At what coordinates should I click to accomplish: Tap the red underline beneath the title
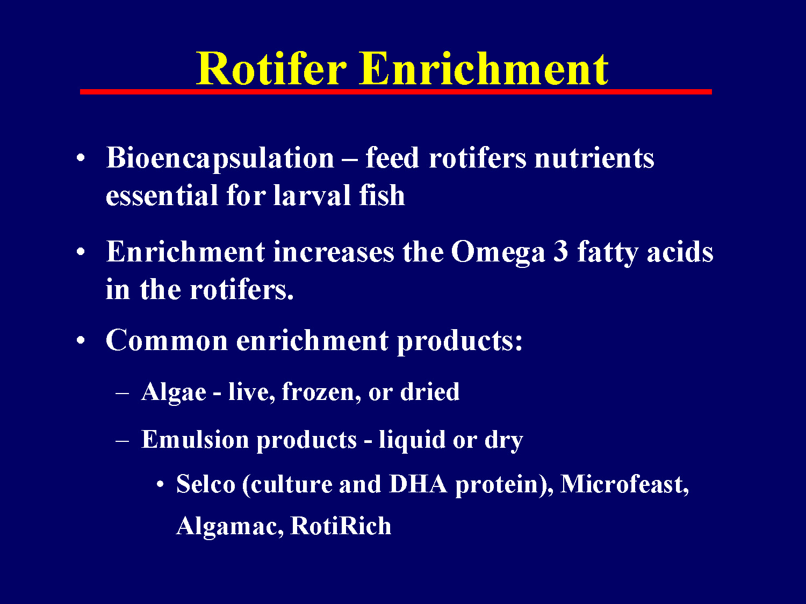(396, 92)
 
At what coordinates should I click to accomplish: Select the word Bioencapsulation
(220, 158)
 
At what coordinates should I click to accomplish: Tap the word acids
(680, 252)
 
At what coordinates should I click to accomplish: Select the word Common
(167, 340)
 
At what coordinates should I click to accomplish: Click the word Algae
(174, 392)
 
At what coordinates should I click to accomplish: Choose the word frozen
(321, 392)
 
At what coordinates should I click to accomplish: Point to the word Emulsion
(195, 440)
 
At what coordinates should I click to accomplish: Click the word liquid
(412, 440)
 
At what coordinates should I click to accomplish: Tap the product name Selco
(206, 484)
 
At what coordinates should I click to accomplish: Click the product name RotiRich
(341, 526)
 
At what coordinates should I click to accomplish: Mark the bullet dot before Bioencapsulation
(81, 159)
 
